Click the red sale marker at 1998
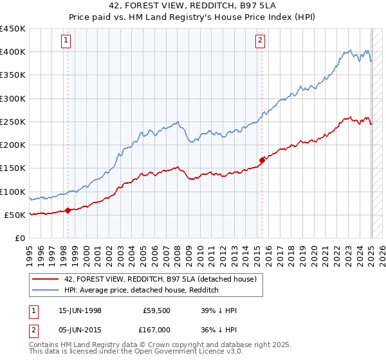tap(68, 210)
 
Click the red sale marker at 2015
tap(261, 160)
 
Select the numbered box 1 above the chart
tap(67, 40)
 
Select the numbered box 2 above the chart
tap(260, 40)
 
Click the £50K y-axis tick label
tap(15, 215)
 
